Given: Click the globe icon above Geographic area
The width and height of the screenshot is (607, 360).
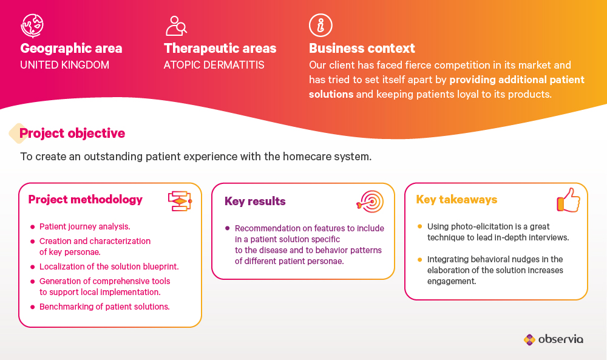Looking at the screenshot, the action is point(32,25).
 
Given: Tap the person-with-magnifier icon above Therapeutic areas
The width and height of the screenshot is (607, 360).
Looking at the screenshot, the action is point(176,25).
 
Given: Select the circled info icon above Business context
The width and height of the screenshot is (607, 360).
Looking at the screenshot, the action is point(320,25).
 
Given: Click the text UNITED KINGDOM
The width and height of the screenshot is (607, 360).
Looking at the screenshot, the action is point(65,64).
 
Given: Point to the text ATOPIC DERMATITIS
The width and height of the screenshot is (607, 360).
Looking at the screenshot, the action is point(214,64).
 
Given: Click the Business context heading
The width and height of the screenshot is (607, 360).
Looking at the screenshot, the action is point(362,48).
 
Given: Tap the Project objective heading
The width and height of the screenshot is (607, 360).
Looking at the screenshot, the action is point(72,133).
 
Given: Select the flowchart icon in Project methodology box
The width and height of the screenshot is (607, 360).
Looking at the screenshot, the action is point(180,201).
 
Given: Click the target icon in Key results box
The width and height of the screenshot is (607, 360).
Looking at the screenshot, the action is point(370,202).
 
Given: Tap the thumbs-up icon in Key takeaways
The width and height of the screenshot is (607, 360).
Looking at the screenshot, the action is point(569,200).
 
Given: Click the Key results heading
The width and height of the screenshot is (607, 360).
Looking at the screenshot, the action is point(255,202).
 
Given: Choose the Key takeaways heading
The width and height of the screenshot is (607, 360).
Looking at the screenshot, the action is point(457,199).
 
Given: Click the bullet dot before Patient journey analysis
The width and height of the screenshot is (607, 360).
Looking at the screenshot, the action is point(33,227).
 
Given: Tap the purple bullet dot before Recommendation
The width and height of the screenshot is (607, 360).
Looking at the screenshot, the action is point(227,228).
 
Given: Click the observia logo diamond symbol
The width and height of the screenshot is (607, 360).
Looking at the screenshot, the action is point(529,339).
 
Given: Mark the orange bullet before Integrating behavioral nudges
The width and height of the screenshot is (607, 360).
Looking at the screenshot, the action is point(419,259).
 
